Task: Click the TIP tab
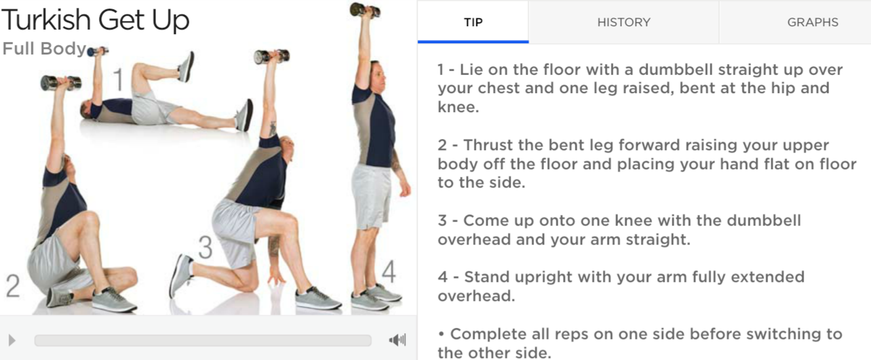(473, 22)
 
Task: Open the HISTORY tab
(624, 22)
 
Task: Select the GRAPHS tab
(813, 22)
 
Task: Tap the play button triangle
(12, 340)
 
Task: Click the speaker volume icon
(397, 340)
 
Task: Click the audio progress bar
(203, 340)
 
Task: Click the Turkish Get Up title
(95, 20)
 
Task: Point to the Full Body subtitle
(44, 49)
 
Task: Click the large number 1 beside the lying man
(118, 79)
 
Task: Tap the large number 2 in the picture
(13, 286)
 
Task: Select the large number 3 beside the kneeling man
(205, 247)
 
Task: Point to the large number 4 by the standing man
(389, 271)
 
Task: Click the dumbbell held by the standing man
(365, 10)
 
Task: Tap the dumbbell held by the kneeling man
(271, 56)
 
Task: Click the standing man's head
(378, 76)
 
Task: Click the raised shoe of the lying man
(187, 66)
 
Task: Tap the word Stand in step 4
(487, 277)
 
